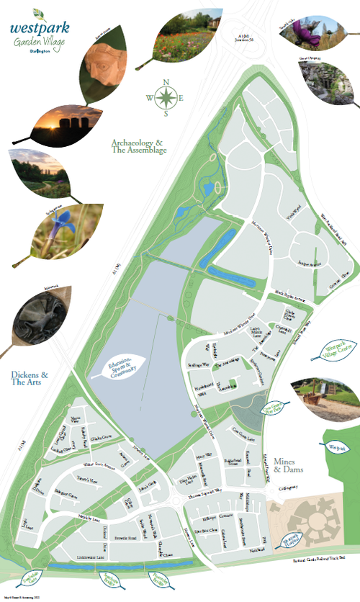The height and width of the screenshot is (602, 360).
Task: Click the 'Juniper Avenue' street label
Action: point(305,263)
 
